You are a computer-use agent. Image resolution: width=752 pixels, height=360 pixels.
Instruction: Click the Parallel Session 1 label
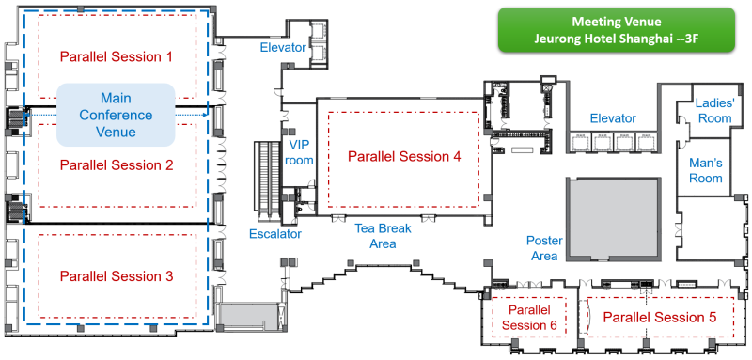[x=116, y=56]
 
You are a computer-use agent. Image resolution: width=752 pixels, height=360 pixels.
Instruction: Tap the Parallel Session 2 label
[x=116, y=165]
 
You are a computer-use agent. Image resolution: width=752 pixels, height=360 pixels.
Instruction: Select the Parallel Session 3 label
[x=116, y=276]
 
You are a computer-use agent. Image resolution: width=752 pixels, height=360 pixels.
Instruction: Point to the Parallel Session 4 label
[x=404, y=156]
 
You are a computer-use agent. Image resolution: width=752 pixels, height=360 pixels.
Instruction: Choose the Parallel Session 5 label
[x=660, y=317]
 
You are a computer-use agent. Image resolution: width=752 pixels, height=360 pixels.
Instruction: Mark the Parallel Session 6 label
[x=529, y=318]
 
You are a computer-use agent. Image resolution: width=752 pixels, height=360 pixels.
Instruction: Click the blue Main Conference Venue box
[x=116, y=115]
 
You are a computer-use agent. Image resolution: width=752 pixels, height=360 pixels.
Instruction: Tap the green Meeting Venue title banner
[x=617, y=29]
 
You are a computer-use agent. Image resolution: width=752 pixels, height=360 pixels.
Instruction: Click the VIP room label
[x=299, y=152]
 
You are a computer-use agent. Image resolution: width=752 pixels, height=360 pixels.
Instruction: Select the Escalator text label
[x=275, y=234]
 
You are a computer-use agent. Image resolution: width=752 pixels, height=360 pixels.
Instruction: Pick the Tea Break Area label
[x=383, y=235]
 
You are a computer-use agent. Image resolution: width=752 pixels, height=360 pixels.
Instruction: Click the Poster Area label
[x=544, y=248]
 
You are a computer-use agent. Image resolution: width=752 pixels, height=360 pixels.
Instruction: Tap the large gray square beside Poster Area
[x=614, y=219]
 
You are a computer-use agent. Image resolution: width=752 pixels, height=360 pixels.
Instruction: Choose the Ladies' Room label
[x=714, y=110]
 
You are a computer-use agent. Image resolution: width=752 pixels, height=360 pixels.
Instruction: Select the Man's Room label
[x=706, y=170]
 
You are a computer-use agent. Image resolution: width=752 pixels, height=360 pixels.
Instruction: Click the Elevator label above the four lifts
[x=613, y=117]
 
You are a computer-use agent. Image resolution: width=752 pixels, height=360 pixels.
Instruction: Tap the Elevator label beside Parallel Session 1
[x=283, y=47]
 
